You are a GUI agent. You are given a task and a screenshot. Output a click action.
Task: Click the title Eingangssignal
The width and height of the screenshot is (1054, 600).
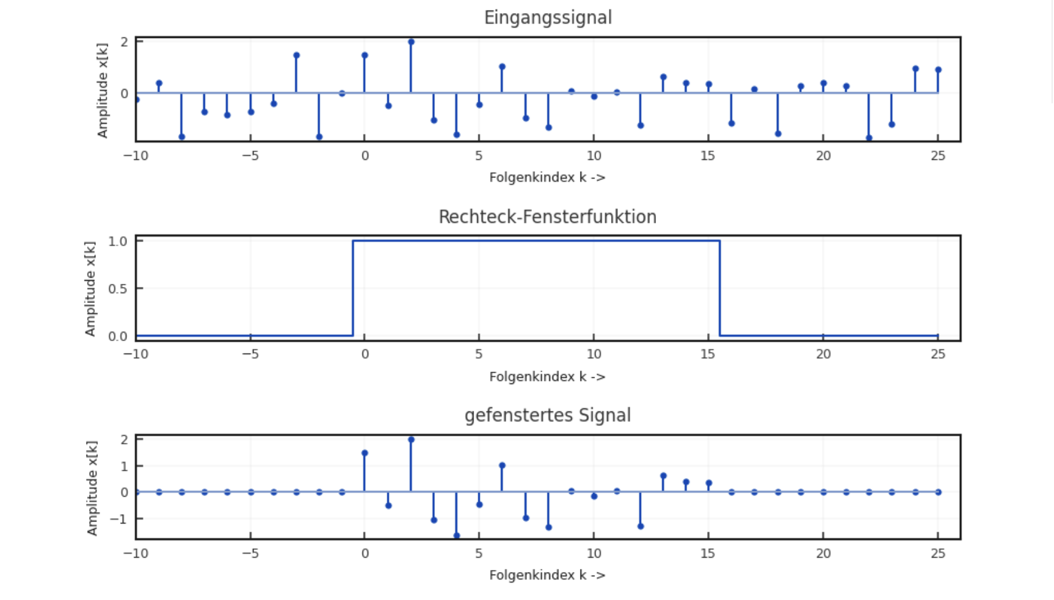[x=548, y=17]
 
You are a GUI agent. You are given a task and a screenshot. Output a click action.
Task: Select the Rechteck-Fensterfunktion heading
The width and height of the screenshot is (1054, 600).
[x=548, y=217]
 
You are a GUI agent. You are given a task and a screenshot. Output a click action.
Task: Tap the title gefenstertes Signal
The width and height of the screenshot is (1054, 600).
[x=548, y=415]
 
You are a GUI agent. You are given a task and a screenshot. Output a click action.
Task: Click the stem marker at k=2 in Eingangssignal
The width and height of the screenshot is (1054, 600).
[x=411, y=42]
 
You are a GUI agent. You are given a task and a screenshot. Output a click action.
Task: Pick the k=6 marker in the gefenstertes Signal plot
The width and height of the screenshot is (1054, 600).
[x=502, y=466]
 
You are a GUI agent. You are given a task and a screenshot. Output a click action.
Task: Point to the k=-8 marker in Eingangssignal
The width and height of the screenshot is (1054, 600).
[x=182, y=137]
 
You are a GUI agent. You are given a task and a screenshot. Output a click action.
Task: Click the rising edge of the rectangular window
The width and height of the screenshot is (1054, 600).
[x=353, y=288]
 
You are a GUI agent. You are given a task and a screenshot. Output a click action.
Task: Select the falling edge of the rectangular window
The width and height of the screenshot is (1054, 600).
[x=719, y=288]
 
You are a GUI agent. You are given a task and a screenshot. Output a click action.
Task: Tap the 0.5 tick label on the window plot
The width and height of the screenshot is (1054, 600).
[x=117, y=289]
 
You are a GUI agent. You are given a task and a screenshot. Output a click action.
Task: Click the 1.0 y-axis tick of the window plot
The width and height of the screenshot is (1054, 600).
[x=117, y=241]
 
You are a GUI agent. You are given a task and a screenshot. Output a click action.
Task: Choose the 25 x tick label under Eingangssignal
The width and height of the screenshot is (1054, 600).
[x=938, y=156]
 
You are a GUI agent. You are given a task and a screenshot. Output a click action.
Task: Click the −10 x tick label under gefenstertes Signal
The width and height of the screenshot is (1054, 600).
[x=136, y=553]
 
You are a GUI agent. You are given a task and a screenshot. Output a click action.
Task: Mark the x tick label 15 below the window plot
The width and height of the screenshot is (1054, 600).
[x=708, y=354]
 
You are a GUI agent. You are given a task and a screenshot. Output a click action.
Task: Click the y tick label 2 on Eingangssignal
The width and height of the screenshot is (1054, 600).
[x=125, y=42]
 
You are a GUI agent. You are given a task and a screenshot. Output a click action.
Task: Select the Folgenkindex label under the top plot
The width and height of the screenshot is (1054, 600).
[x=547, y=177]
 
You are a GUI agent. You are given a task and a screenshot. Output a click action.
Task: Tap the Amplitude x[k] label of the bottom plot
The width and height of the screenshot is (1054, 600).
[x=92, y=488]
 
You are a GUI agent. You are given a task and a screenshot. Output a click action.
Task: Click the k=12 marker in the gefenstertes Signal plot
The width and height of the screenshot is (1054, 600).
[x=640, y=527]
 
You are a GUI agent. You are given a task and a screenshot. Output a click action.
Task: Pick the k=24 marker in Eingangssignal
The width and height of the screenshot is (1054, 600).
[x=915, y=69]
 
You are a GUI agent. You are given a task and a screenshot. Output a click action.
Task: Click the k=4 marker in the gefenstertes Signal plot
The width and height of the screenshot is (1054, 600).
[x=457, y=535]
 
